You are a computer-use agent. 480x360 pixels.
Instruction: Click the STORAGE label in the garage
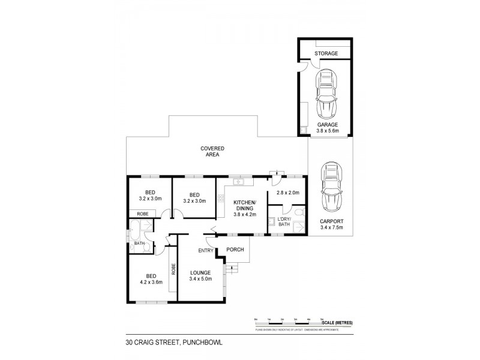click(x=326, y=54)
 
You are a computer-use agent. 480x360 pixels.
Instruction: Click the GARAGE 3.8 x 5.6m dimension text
click(x=327, y=128)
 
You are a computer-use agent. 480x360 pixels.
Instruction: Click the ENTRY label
click(x=206, y=251)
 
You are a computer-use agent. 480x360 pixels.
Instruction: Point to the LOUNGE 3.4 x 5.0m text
click(x=201, y=276)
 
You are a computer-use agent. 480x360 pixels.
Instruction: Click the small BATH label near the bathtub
click(x=139, y=244)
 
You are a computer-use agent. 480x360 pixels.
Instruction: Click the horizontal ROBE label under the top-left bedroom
click(x=143, y=213)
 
